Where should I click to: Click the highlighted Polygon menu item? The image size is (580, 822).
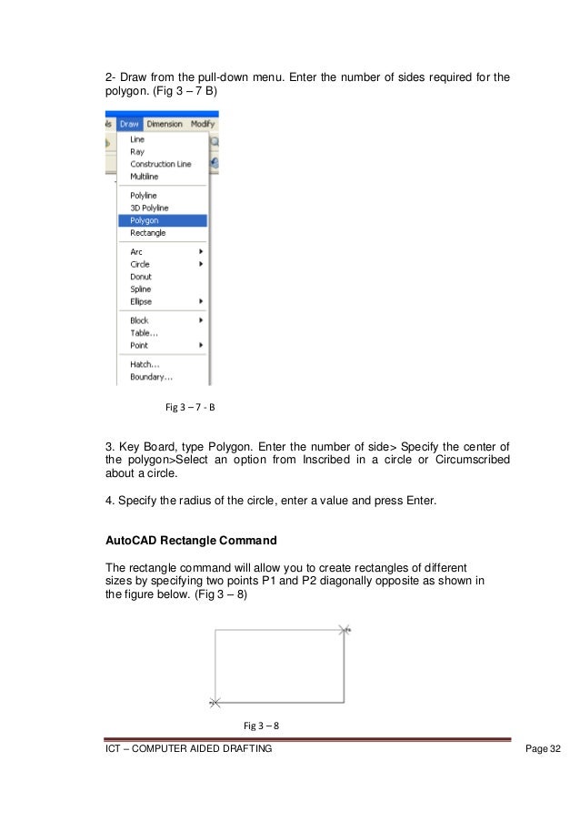tap(145, 220)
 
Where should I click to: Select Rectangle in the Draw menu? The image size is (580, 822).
tap(147, 233)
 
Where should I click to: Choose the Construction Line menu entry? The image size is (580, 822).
tap(160, 165)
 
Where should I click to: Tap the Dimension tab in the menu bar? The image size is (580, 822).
tap(165, 124)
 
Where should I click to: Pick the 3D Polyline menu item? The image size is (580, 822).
tap(148, 208)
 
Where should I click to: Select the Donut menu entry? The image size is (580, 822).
tap(141, 277)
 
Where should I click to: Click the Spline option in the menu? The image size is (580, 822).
tap(141, 289)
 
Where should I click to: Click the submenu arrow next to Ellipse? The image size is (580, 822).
tap(200, 301)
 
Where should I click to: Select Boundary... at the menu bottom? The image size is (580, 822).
tap(151, 377)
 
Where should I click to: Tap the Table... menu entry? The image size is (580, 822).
tap(144, 333)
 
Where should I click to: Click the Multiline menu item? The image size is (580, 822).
tap(145, 177)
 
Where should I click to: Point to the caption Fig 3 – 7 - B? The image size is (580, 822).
tap(189, 407)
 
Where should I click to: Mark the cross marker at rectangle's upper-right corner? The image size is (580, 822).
tap(344, 629)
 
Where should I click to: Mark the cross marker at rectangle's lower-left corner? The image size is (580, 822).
tap(215, 703)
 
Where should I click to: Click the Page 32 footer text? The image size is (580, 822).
tap(544, 748)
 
